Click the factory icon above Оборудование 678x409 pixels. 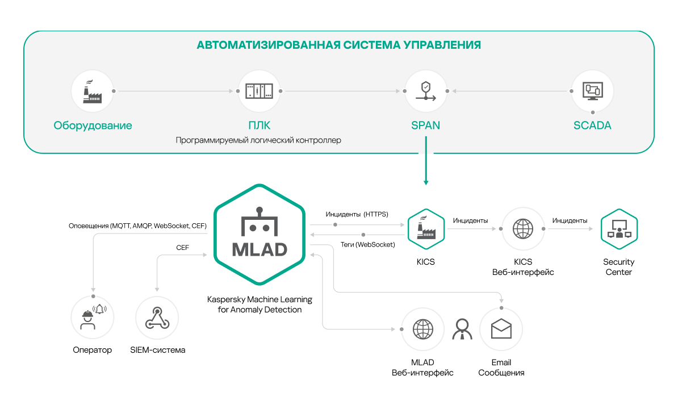[93, 91]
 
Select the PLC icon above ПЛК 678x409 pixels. [259, 91]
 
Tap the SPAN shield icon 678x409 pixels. [425, 91]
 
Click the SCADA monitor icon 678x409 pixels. [592, 91]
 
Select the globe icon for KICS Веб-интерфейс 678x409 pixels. [522, 229]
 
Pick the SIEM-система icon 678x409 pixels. [157, 318]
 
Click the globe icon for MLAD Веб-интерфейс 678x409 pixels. [422, 329]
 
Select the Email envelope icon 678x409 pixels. [501, 329]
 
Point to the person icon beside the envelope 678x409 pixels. [462, 329]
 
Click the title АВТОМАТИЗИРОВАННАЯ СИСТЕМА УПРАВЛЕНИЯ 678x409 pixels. [338, 45]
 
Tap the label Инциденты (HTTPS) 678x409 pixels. [357, 215]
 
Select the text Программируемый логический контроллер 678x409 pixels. [258, 140]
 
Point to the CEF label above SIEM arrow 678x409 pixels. [182, 248]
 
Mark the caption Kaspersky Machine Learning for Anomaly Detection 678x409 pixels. [259, 304]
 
